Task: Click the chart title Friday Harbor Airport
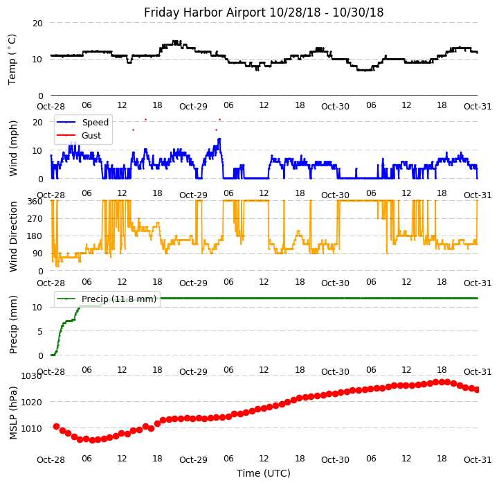263,12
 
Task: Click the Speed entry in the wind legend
95,123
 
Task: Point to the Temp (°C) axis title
12,59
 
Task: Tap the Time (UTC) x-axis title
263,473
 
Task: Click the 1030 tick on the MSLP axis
32,376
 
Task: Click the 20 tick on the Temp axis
37,23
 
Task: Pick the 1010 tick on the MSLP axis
32,428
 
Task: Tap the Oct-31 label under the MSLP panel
478,460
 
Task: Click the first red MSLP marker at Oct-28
56,426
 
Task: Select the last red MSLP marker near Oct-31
477,389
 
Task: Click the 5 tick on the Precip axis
40,331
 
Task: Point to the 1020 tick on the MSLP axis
32,402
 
